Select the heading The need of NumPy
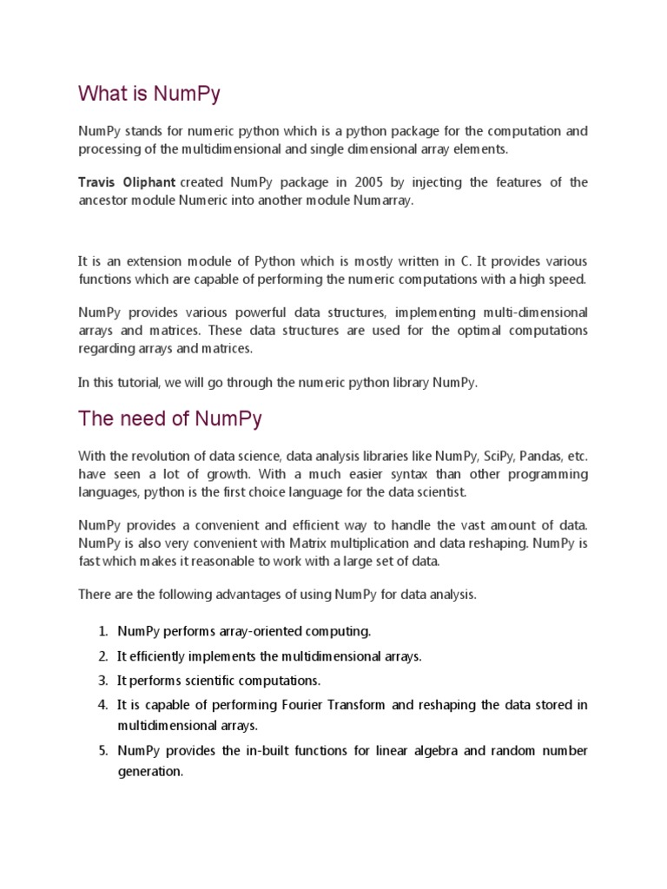pyautogui.click(x=170, y=419)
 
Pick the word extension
pyautogui.click(x=149, y=261)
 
